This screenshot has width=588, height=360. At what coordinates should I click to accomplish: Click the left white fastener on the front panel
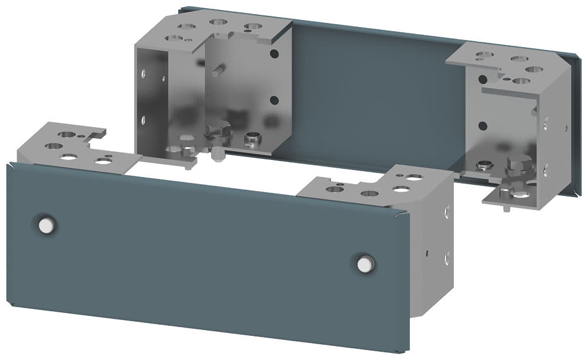coord(45,225)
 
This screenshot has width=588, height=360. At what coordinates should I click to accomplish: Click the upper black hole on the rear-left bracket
coord(274,54)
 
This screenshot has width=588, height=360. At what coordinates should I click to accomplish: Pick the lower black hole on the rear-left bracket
coord(274,101)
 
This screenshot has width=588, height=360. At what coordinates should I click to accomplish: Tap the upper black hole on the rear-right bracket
coord(483,79)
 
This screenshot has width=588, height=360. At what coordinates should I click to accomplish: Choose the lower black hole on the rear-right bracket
coord(483,125)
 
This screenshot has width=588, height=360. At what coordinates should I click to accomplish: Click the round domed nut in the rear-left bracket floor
coord(253,139)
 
